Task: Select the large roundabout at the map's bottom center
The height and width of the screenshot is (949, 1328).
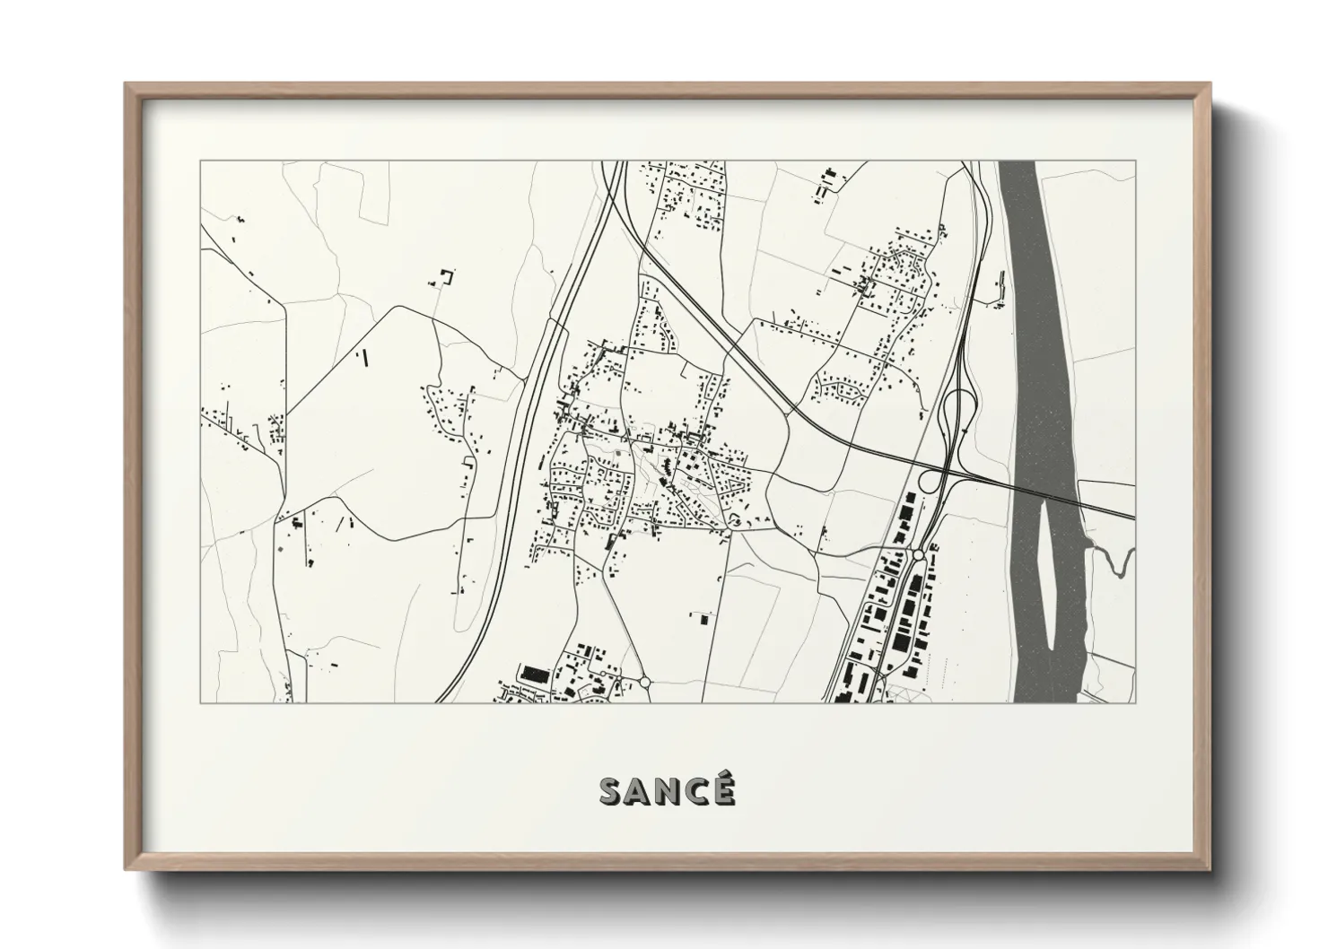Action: coord(644,683)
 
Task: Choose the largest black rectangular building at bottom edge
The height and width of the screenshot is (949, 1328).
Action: coord(535,675)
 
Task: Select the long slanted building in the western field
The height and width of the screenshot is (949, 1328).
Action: coord(364,358)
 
